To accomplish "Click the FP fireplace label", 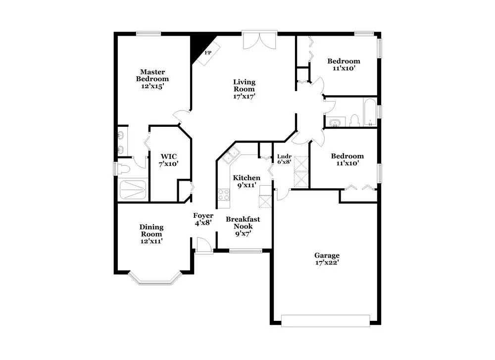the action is [x=208, y=52].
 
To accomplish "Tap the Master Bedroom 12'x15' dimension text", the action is [x=152, y=86].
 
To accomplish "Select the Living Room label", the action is [x=244, y=85].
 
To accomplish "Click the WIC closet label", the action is [x=169, y=156].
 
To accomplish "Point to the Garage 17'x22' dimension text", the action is [x=327, y=262].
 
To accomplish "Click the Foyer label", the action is [x=203, y=215].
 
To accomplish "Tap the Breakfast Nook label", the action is [x=243, y=223].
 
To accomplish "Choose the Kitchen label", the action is [x=247, y=178].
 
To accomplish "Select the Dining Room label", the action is [x=151, y=231].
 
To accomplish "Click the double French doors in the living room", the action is [x=259, y=40].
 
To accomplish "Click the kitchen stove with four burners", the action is [x=224, y=195].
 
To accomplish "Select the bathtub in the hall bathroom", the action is [x=370, y=112].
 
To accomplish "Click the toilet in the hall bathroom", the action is [x=354, y=121].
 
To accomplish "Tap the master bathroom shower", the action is [x=134, y=190].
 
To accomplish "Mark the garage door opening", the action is [x=326, y=320].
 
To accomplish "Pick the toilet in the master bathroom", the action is [x=123, y=169].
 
